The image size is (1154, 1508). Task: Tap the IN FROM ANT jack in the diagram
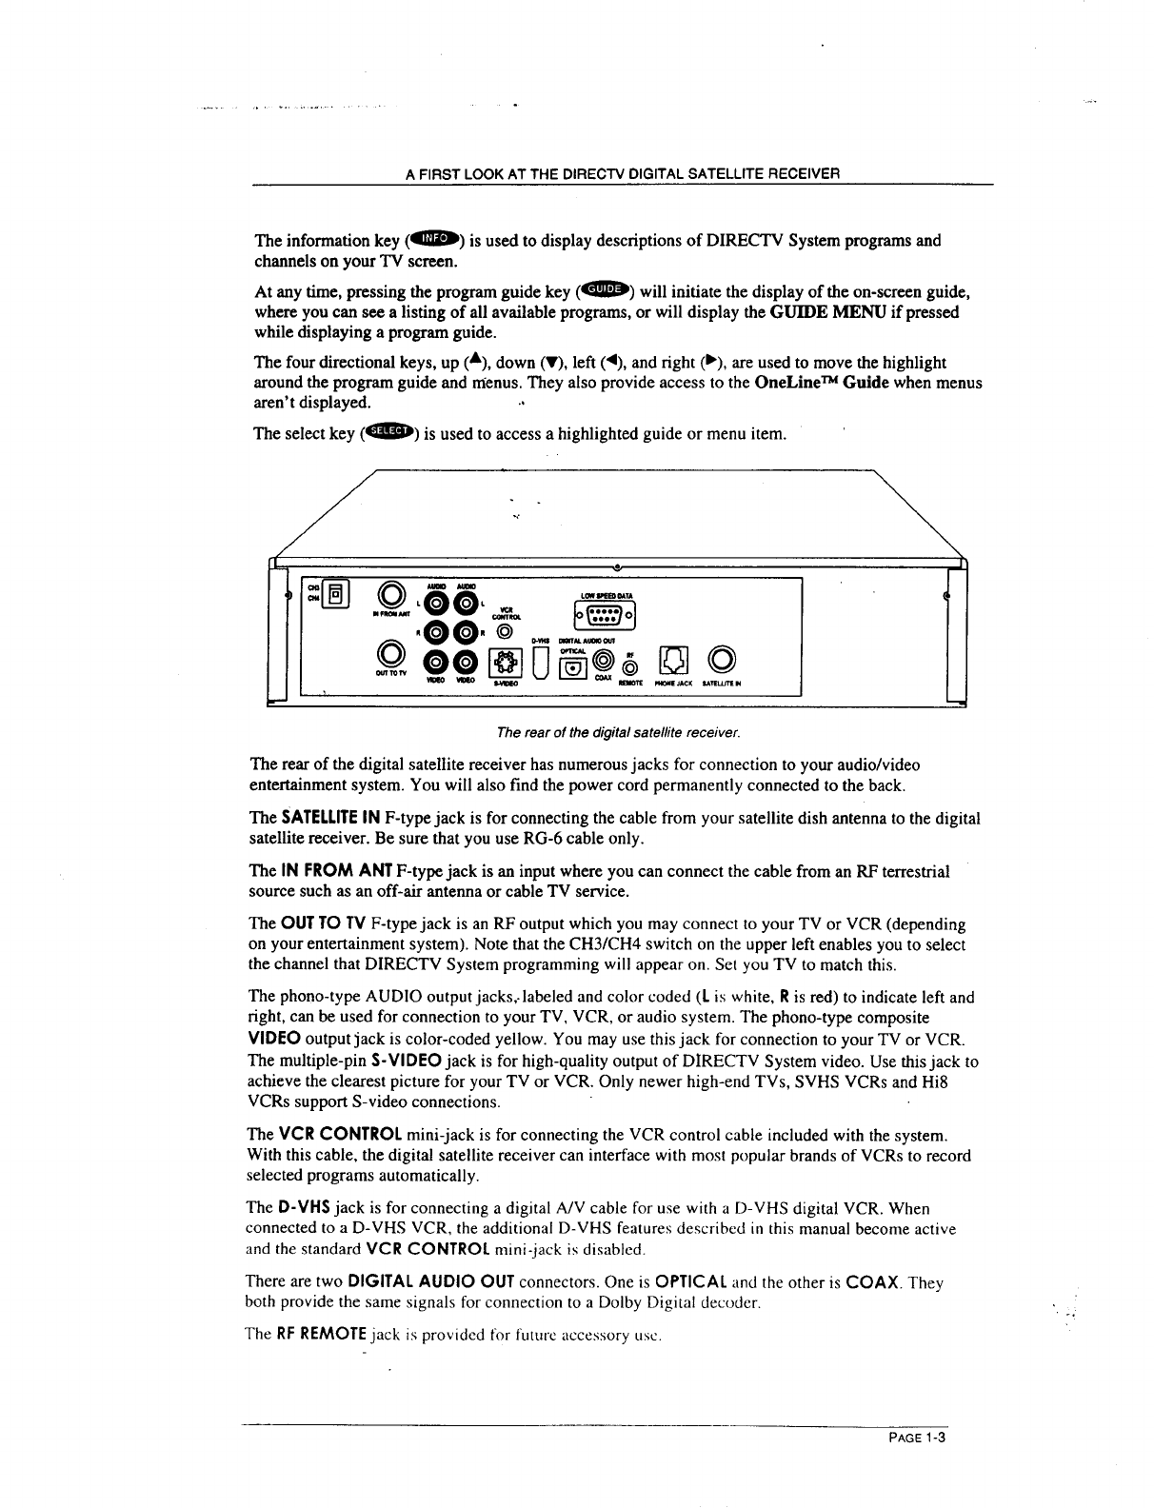(388, 596)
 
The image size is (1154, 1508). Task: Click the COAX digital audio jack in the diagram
(602, 658)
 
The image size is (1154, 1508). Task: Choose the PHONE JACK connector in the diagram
(673, 659)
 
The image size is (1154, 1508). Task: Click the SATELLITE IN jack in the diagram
(719, 659)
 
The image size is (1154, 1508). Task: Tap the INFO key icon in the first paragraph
(435, 238)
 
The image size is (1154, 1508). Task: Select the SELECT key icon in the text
(388, 432)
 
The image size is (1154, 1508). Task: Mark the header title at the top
(623, 173)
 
